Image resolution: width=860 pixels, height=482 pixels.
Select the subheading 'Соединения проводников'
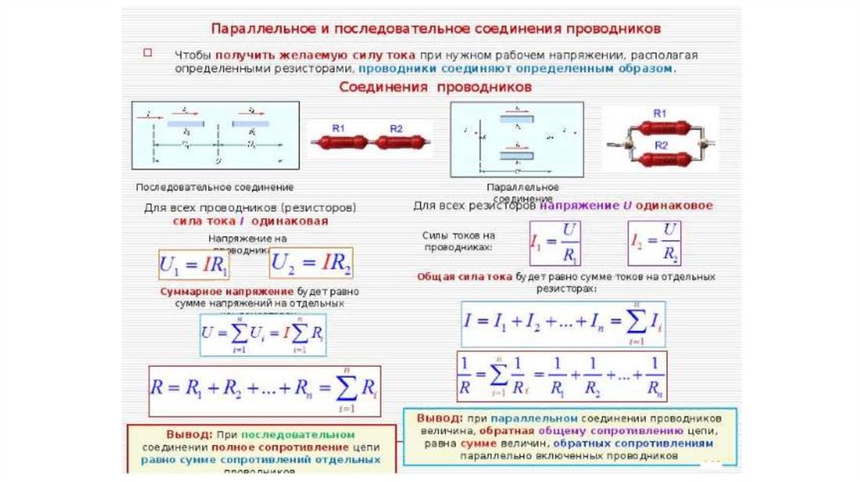coord(435,86)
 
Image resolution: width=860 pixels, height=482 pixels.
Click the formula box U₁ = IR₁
coord(194,265)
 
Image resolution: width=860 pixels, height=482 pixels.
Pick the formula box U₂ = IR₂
coord(312,263)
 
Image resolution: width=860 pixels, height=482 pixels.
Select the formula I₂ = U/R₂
coord(654,244)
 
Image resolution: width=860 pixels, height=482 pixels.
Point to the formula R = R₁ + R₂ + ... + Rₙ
coord(265,390)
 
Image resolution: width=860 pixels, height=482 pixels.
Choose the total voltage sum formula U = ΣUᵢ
coord(263,333)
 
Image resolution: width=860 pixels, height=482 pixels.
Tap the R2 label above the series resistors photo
coord(396,128)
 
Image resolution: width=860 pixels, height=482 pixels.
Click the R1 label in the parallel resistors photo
coord(660,113)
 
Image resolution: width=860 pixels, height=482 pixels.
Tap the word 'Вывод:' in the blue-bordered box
coord(438,417)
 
